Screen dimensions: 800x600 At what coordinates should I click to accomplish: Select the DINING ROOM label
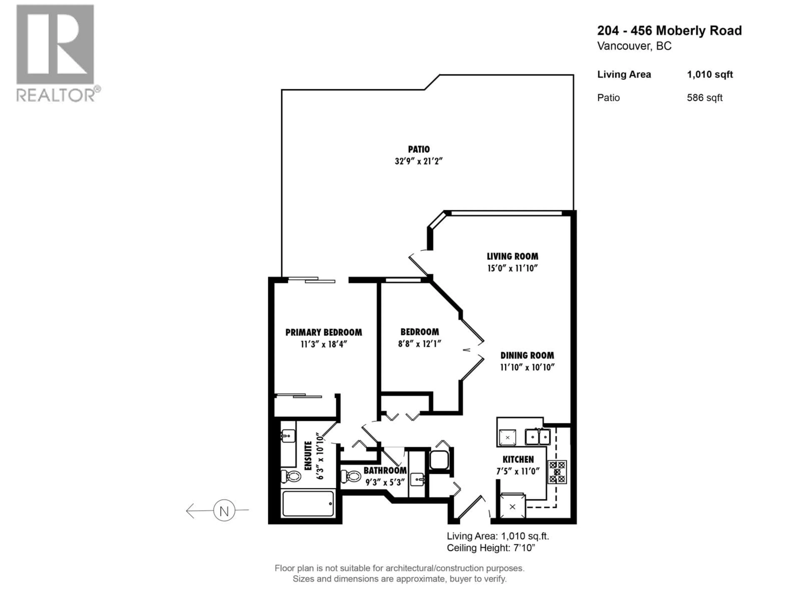[527, 355]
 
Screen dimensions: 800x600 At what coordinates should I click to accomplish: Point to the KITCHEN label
[518, 459]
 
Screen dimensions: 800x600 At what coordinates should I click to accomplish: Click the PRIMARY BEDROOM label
[324, 332]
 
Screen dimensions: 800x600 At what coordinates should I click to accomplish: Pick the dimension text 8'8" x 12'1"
[420, 344]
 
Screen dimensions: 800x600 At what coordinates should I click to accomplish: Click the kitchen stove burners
[557, 472]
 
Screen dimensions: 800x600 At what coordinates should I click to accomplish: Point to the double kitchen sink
[538, 436]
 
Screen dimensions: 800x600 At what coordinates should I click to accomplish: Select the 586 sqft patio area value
[705, 98]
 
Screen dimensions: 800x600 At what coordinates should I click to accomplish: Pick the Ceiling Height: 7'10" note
[491, 548]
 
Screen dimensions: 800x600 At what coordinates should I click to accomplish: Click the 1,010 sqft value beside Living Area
[710, 75]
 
